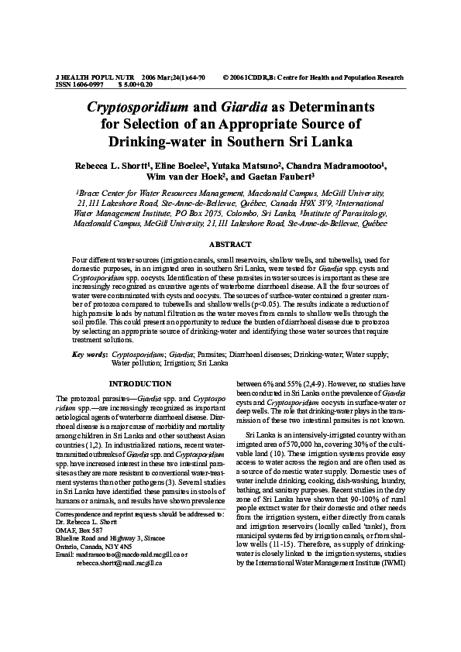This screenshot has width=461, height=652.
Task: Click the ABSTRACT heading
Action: pyautogui.click(x=230, y=243)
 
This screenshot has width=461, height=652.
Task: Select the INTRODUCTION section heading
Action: pyautogui.click(x=140, y=384)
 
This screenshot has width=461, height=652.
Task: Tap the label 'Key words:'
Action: pyautogui.click(x=89, y=354)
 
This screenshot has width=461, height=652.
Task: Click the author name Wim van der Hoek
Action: pyautogui.click(x=195, y=177)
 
